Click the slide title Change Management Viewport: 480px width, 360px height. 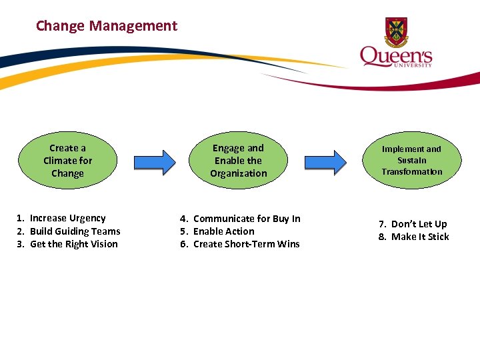click(107, 26)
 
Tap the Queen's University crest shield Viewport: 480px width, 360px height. click(396, 30)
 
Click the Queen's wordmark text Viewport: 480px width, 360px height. click(396, 55)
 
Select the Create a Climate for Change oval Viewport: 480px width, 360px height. click(67, 161)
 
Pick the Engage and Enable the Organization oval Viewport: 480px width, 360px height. click(238, 161)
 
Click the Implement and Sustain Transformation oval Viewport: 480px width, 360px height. click(411, 161)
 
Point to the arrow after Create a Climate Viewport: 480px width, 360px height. click(155, 161)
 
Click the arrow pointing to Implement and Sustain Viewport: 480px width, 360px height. click(325, 161)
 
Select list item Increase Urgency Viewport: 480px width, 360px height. click(67, 218)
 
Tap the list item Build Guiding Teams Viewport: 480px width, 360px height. click(75, 231)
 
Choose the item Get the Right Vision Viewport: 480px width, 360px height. click(73, 244)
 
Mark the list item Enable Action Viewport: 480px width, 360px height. click(223, 231)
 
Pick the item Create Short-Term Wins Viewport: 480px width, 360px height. click(246, 244)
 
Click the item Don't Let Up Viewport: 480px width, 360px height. click(419, 224)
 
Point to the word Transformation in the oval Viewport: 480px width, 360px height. click(411, 172)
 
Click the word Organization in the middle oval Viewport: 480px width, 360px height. click(238, 173)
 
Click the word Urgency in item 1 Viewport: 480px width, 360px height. click(87, 218)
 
